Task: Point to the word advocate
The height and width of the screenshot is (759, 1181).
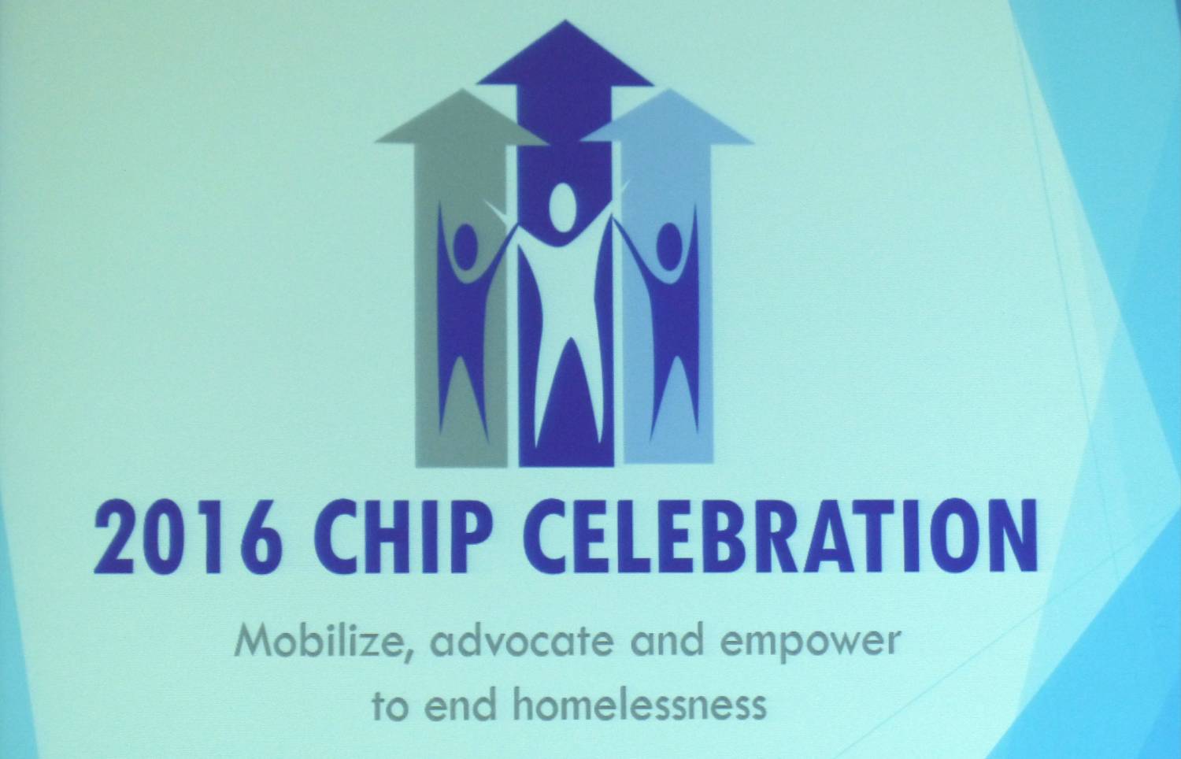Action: pos(522,642)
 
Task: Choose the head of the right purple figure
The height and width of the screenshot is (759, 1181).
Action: pos(669,246)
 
